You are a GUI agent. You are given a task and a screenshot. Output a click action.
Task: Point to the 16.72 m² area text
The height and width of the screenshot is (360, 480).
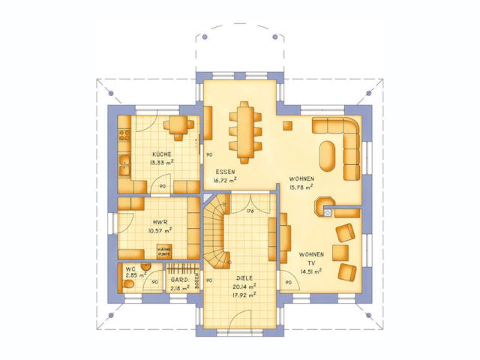225,180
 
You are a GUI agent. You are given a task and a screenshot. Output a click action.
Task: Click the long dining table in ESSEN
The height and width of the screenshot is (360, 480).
245,132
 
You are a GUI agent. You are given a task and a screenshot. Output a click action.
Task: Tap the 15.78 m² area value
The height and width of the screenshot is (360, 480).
301,187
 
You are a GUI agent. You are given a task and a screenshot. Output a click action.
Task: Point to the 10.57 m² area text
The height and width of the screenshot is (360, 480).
159,230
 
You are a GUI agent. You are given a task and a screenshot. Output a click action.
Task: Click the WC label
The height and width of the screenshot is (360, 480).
130,268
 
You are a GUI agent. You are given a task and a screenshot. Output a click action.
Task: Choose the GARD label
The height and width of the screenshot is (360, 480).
178,279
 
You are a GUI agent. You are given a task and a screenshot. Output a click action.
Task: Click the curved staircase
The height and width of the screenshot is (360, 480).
214,232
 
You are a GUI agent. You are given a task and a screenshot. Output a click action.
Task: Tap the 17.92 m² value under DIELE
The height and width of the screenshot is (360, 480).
245,293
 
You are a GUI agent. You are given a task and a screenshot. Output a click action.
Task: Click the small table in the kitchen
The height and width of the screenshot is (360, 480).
178,125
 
